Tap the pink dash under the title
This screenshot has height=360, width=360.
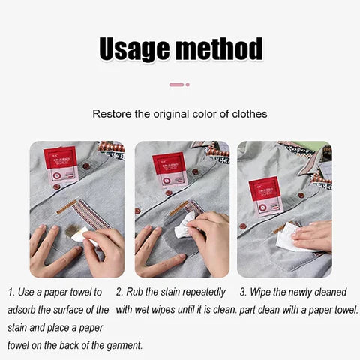(x=176, y=84)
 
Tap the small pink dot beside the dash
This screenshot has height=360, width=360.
(x=187, y=84)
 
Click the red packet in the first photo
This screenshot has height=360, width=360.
(x=61, y=166)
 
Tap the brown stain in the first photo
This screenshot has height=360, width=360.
(x=75, y=230)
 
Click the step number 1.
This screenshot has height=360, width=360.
(x=11, y=291)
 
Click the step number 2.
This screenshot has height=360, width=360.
(x=119, y=291)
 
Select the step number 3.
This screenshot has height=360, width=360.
(x=242, y=291)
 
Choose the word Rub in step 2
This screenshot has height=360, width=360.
(x=136, y=291)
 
